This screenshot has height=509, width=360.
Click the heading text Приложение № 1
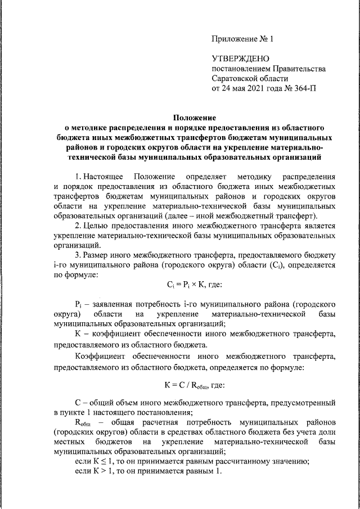pos(242,39)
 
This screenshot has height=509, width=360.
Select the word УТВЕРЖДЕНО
pos(241,58)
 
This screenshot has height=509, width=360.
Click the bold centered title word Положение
pos(195,118)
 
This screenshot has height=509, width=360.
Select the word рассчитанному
pos(229,463)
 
